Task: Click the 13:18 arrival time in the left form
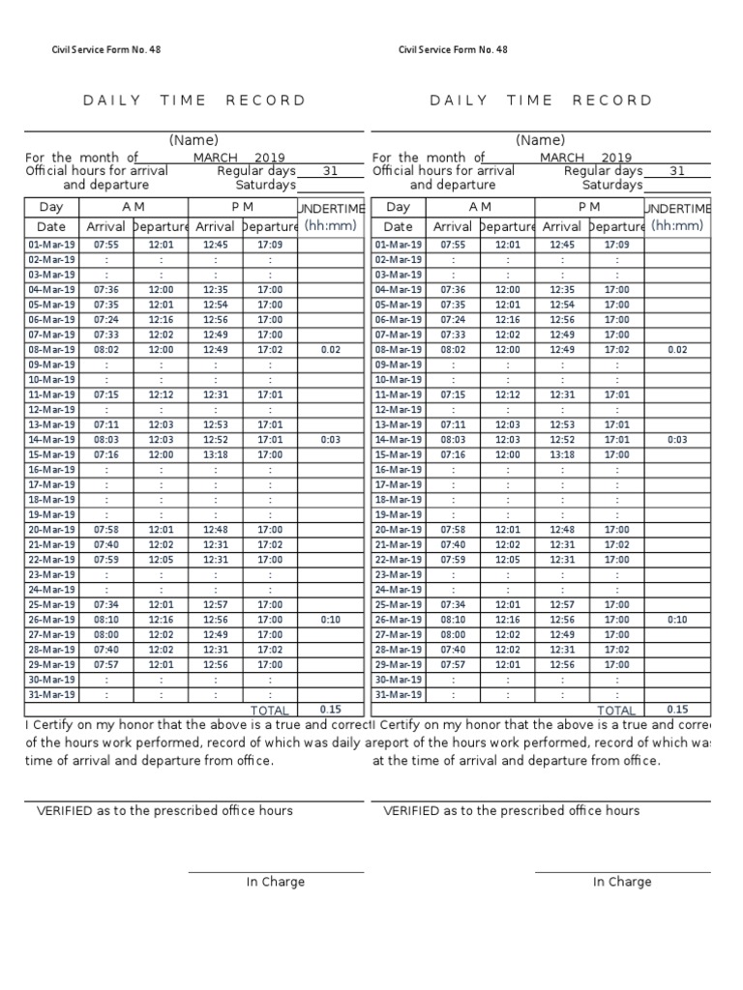216,454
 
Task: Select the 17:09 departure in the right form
616,245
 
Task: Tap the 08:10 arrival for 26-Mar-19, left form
105,620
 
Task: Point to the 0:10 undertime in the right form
677,620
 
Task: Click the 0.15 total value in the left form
331,709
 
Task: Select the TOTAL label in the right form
616,711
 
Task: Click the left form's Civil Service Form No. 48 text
106,50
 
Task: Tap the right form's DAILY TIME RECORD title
541,100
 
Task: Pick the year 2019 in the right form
616,158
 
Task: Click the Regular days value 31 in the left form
330,171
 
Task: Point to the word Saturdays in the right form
612,185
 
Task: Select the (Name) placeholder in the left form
194,140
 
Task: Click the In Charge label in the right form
622,882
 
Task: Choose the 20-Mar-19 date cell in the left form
50,530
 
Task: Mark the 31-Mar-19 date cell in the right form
398,695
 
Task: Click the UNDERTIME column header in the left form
331,208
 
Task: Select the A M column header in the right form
480,207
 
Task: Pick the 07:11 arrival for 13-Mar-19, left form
105,424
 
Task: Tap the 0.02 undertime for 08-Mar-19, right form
677,349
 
